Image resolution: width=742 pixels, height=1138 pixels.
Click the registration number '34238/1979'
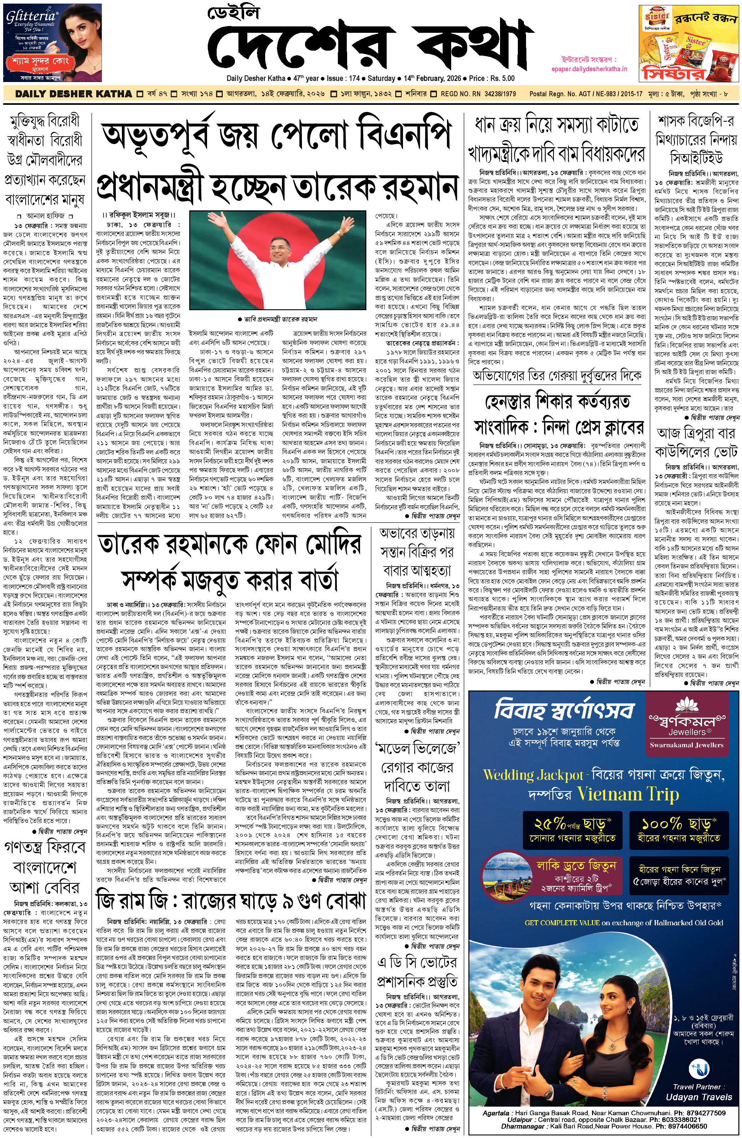pyautogui.click(x=500, y=94)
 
